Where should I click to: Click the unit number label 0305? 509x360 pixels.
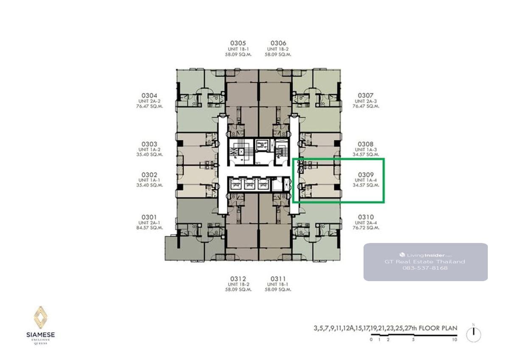click(238, 43)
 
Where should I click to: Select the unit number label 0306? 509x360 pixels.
click(278, 43)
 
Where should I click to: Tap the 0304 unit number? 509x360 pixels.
click(149, 95)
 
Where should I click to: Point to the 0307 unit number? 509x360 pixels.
click(366, 95)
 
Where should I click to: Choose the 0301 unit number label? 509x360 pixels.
click(149, 217)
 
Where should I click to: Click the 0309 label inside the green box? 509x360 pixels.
click(366, 175)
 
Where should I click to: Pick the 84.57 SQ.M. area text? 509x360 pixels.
click(149, 228)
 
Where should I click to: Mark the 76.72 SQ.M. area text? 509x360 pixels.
click(366, 228)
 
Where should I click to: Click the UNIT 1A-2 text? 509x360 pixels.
click(149, 150)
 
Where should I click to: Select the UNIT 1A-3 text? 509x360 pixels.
click(366, 150)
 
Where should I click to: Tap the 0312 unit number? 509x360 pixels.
click(238, 279)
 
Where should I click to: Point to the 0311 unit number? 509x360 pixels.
click(278, 279)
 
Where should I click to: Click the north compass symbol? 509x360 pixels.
click(473, 335)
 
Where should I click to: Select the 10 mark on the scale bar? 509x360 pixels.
click(454, 340)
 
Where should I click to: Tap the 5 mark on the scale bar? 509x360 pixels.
click(413, 340)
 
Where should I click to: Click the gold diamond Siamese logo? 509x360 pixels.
click(41, 317)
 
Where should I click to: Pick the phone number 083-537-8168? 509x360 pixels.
click(425, 268)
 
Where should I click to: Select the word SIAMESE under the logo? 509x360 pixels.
click(41, 335)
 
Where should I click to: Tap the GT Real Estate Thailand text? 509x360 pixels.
click(425, 262)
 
